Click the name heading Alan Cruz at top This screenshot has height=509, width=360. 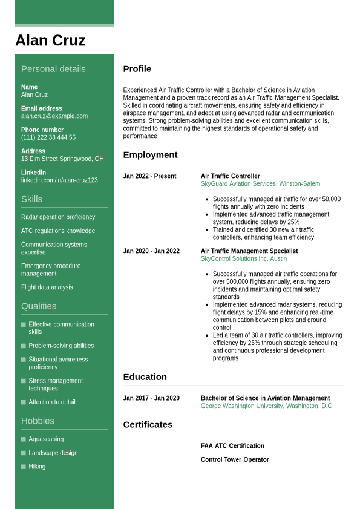pos(50,41)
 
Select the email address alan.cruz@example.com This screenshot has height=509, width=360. pos(54,116)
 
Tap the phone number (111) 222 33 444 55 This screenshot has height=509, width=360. pos(48,137)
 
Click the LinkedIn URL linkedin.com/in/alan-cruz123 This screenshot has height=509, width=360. pos(59,180)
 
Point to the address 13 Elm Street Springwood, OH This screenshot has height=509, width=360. pos(62,159)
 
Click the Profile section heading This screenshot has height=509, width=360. pos(137,69)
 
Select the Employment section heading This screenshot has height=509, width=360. pos(150,155)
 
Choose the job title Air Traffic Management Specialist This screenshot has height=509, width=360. pos(249,251)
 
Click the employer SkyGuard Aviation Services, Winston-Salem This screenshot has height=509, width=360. pos(260,184)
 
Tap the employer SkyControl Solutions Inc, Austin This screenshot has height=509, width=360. pos(244,259)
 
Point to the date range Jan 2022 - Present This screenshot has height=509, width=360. pos(149,176)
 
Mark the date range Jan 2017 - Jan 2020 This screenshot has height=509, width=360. pos(151,398)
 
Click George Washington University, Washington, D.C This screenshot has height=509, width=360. pos(266,406)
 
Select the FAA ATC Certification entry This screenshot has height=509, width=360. pos(232,446)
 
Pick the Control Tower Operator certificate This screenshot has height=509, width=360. pos(235,460)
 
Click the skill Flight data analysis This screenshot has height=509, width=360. pos(47,287)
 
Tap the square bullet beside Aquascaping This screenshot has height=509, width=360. pos(24,439)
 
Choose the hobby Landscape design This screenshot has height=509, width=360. pos(53,453)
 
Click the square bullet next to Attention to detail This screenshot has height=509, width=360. pos(24,402)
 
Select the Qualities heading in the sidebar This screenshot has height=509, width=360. pos(39,306)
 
